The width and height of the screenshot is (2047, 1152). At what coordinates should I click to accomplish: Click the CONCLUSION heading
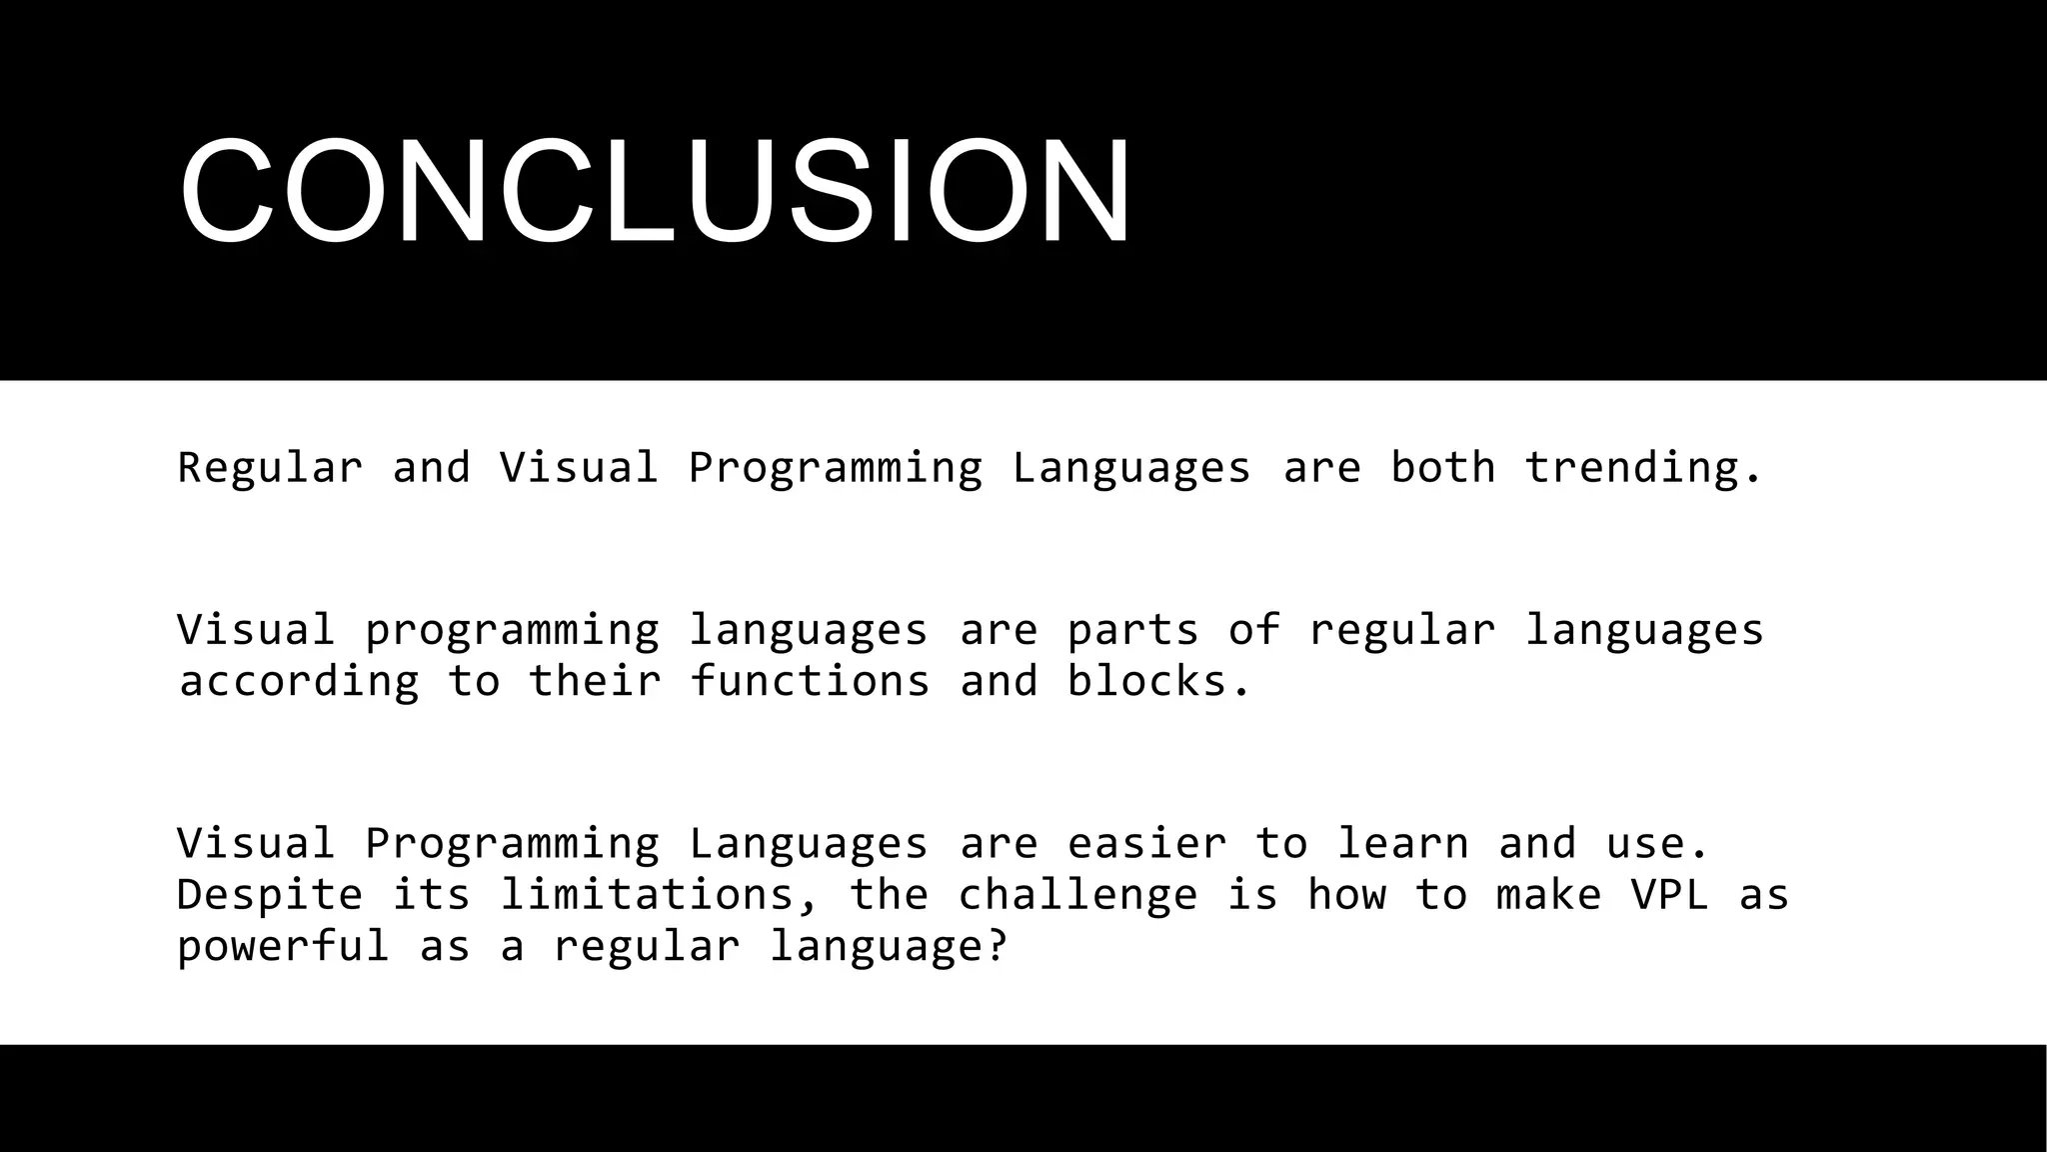coord(656,191)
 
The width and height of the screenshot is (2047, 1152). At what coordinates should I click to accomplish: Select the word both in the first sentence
coord(1442,468)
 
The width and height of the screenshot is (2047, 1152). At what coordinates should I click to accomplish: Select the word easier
coord(1146,844)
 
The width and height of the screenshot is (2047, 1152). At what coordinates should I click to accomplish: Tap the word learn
coord(1402,844)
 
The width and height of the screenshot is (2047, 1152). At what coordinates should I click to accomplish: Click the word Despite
coord(269,895)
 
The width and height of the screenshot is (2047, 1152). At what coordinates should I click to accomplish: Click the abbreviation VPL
coord(1669,895)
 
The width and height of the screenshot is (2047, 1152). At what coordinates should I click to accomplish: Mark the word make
coord(1549,895)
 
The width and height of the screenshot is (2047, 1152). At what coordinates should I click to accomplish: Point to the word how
coord(1346,895)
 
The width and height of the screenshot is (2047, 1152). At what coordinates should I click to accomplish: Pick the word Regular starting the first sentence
coord(269,468)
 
